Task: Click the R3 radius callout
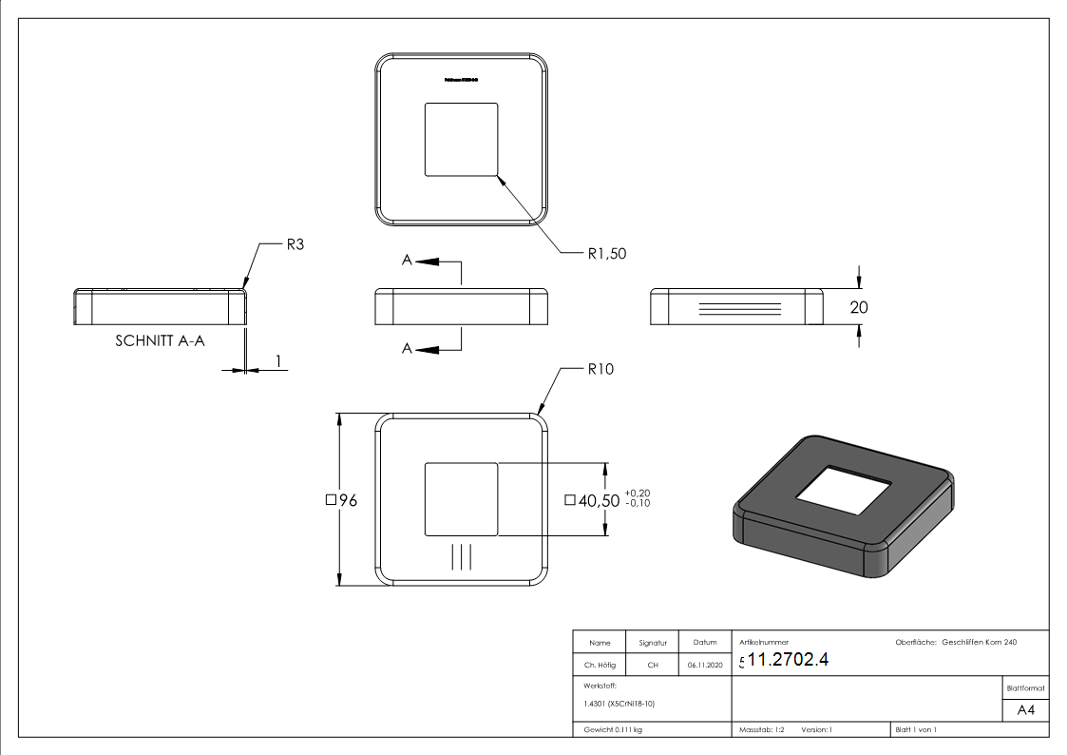point(295,244)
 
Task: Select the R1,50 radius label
point(606,254)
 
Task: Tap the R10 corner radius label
point(600,369)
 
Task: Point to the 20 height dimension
point(860,307)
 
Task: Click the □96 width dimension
point(341,500)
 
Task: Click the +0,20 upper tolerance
point(637,493)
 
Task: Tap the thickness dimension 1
point(277,361)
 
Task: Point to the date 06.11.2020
point(704,666)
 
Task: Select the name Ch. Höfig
point(600,666)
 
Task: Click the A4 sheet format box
point(1025,710)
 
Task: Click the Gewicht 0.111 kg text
point(613,729)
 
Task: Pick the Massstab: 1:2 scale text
point(762,729)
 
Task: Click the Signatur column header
point(653,643)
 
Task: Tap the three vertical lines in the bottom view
point(461,556)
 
